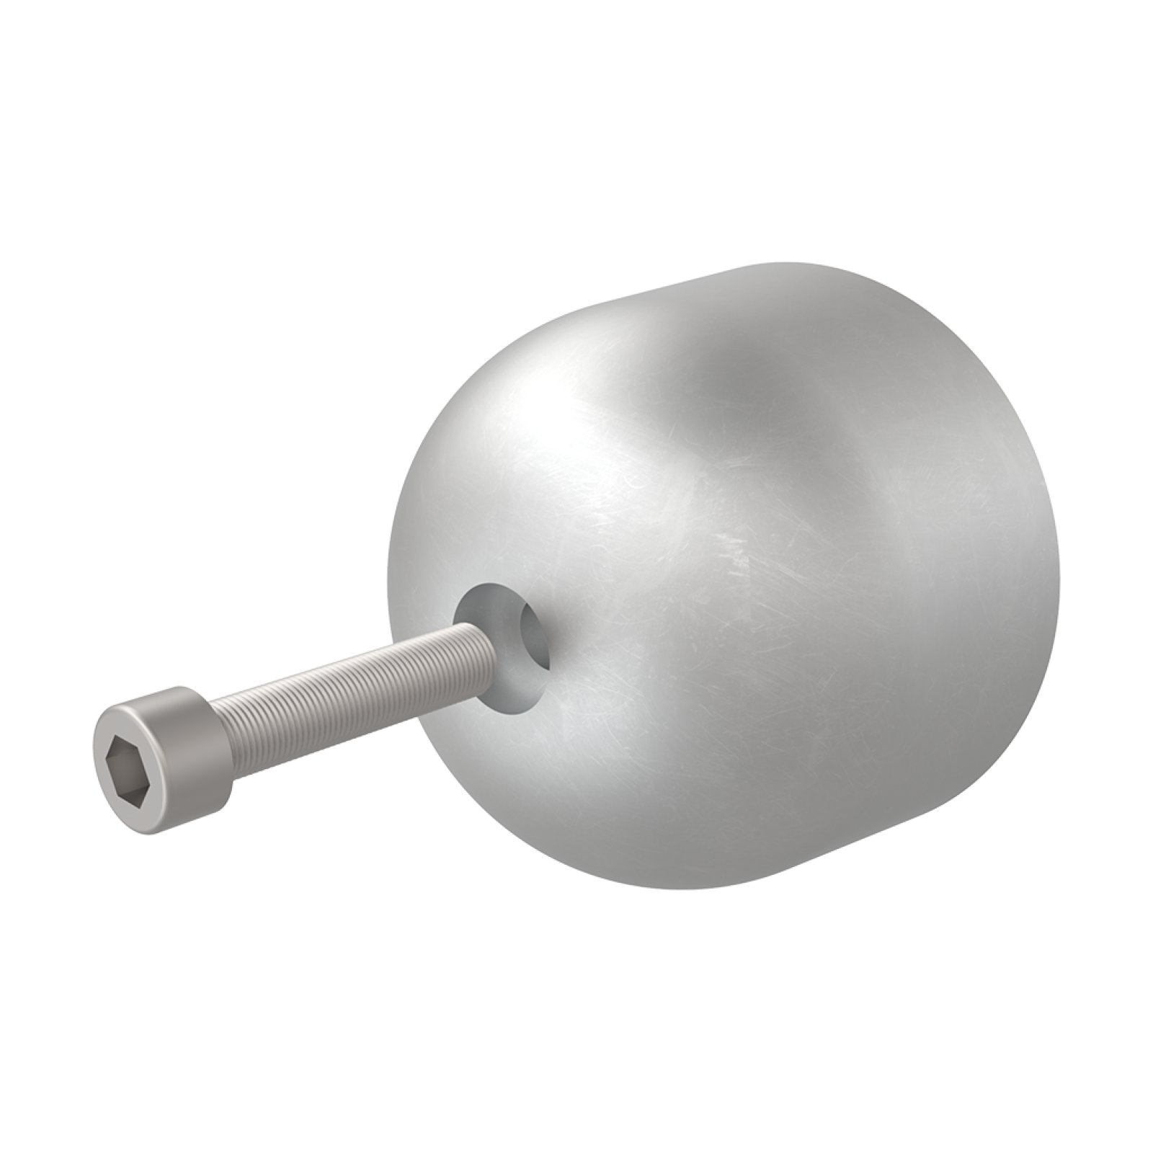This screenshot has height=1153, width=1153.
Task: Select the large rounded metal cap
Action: pos(721,576)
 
